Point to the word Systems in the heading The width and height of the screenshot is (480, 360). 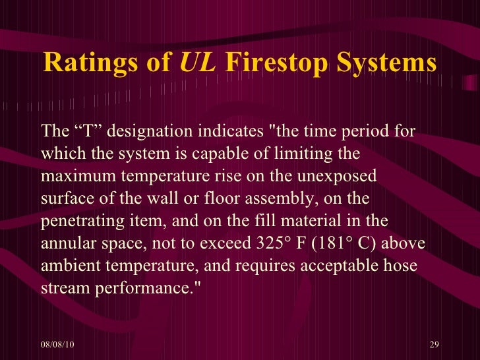click(x=390, y=63)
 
